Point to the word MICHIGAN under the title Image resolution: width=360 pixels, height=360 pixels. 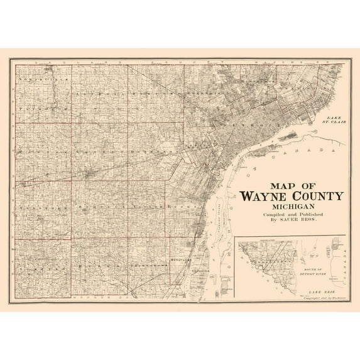[x=290, y=207]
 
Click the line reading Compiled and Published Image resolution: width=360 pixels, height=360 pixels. [x=290, y=215]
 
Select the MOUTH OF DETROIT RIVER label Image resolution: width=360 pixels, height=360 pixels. [x=315, y=264]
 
